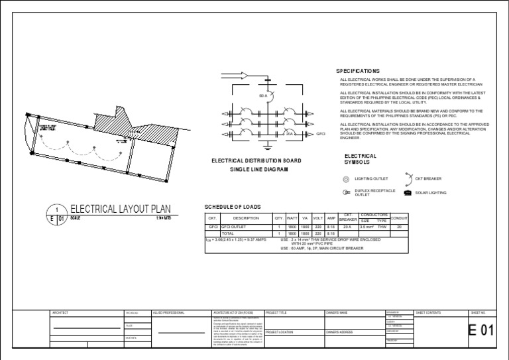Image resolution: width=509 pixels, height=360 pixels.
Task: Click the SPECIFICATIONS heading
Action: click(358, 71)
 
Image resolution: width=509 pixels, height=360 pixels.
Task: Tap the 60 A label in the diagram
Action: click(263, 97)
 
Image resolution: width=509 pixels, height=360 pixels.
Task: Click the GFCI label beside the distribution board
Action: click(321, 134)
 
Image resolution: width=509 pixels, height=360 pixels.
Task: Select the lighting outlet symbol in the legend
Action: click(345, 179)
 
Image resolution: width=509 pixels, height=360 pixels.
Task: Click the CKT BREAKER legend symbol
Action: click(408, 178)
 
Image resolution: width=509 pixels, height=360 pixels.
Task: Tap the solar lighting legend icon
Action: click(407, 193)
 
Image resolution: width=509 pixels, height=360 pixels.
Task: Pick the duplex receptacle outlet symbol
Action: click(345, 193)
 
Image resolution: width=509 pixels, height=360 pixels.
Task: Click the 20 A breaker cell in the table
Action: click(348, 227)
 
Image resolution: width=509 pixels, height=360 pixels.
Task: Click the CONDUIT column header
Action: click(400, 218)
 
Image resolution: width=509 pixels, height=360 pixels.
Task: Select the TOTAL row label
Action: click(228, 233)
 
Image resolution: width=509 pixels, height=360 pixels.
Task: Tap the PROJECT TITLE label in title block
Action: click(277, 312)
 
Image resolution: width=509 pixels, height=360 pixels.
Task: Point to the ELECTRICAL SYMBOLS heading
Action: click(361, 159)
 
